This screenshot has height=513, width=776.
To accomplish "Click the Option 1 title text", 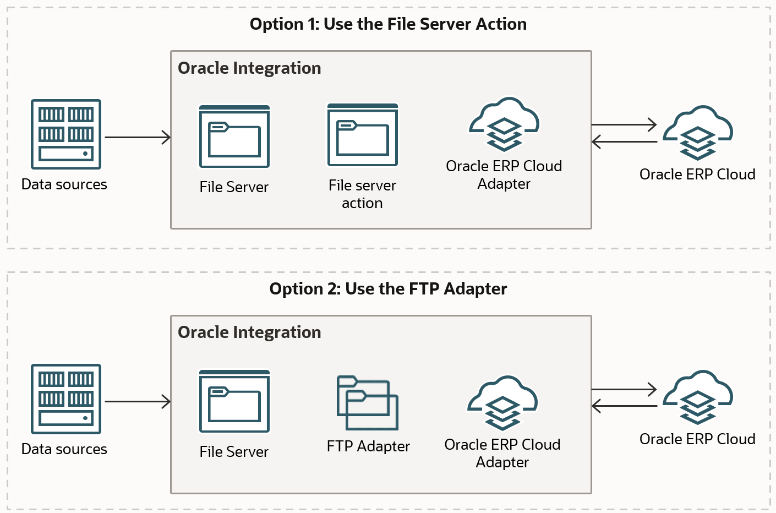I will pos(388,24).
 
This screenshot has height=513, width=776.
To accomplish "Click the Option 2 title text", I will pos(388,289).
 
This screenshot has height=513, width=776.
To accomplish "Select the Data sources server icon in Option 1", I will pos(66,134).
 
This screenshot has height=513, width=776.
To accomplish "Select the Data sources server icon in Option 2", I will pos(66,399).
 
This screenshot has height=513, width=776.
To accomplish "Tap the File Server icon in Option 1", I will pos(234,137).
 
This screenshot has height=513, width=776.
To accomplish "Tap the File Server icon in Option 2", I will pos(234,401).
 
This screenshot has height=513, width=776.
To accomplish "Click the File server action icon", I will pos(363,135).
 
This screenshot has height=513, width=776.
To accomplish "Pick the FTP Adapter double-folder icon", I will pos(368,403).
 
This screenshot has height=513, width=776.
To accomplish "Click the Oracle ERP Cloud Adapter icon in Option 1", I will pos(504,125).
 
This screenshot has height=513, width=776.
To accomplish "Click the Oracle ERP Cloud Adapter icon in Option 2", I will pos(502,403).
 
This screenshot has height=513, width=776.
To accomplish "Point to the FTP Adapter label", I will pos(368,446).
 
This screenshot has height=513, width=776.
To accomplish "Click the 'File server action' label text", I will pos(362,194).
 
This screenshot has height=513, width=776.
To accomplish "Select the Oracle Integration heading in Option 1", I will pos(249,68).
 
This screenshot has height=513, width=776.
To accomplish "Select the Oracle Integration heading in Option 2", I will pos(249,332).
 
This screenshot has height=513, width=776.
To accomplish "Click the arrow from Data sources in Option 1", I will pos(138,137).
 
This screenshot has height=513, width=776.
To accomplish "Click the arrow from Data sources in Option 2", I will pos(138,402).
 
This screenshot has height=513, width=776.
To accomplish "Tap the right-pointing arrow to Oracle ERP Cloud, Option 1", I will pos(624,125).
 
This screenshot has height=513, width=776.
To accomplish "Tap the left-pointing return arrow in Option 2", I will pos(624,406).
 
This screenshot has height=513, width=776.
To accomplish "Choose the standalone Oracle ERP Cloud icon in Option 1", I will pos(698,133).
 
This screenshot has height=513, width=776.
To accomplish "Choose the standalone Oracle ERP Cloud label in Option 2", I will pos(697,439).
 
